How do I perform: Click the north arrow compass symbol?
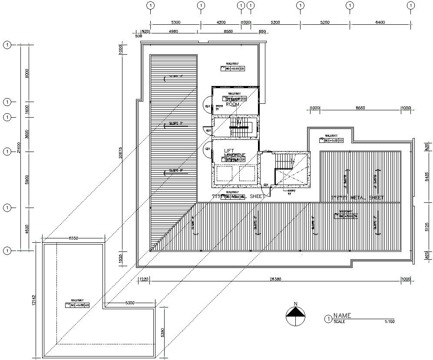[x=295, y=316]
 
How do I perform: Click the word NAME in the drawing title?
[x=342, y=316]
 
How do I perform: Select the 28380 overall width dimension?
[x=275, y=279]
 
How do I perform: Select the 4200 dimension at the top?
[x=221, y=22]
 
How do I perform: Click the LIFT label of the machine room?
[x=229, y=151]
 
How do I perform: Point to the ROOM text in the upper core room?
[x=233, y=105]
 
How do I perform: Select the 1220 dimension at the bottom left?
[x=144, y=279]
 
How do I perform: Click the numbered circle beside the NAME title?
[x=328, y=319]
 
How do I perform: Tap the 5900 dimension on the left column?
[x=27, y=180]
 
